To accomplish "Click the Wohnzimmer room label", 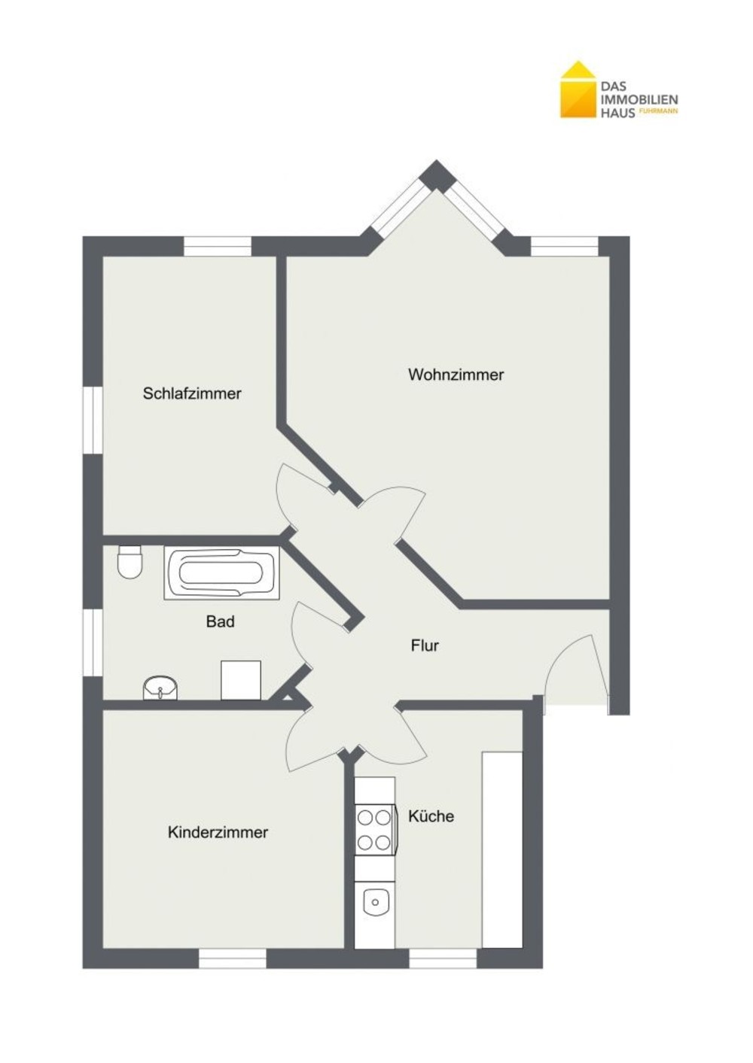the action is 456,375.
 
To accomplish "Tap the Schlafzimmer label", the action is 192,393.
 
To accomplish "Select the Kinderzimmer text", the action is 218,832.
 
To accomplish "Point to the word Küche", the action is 431,816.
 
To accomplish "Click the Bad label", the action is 221,621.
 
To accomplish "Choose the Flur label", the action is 425,645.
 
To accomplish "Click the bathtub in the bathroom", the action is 221,573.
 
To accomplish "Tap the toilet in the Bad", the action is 130,562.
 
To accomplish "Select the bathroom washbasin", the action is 160,688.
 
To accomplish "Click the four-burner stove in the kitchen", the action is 375,830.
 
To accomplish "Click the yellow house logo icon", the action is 578,90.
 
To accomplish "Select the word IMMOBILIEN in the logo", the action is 639,100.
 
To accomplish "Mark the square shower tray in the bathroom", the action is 241,680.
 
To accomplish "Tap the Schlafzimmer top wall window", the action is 217,247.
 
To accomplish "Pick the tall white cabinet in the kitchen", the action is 502,842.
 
